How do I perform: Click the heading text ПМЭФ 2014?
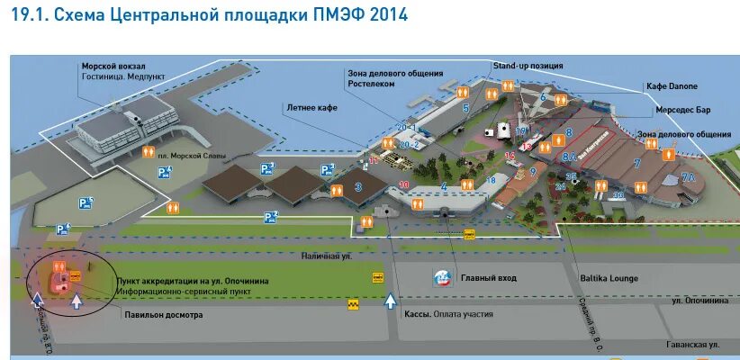coord(365,15)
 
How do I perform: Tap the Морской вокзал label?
coord(113,67)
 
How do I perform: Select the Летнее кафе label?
coord(311,106)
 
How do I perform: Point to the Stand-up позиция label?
coord(528,66)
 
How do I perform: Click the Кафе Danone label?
coord(672,86)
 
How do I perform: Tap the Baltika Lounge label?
coord(609,278)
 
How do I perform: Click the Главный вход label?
coord(488,278)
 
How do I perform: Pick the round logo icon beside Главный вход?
coord(444,278)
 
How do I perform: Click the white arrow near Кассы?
coord(391,301)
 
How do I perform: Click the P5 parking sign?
coord(85,202)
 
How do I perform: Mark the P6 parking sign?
coord(62,229)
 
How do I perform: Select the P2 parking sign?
coord(270,216)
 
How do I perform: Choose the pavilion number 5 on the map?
coord(465,108)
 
